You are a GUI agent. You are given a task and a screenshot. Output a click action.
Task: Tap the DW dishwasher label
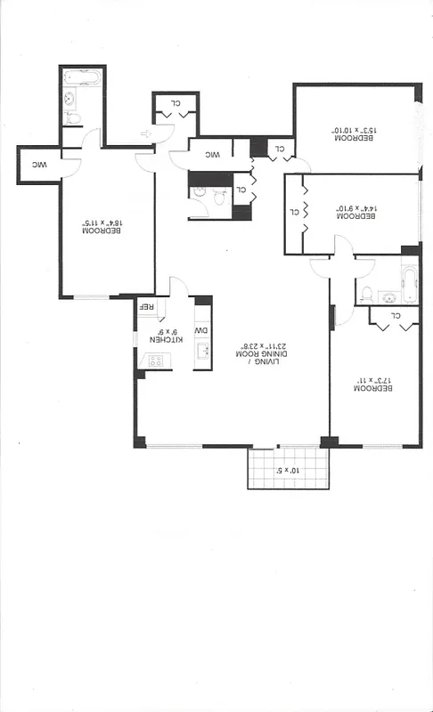pyautogui.click(x=201, y=331)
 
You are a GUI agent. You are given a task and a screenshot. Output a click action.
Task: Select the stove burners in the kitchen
pyautogui.click(x=154, y=360)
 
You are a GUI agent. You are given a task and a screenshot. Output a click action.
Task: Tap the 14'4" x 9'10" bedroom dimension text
pyautogui.click(x=356, y=213)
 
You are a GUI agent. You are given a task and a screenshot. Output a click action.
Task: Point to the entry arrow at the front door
pyautogui.click(x=146, y=134)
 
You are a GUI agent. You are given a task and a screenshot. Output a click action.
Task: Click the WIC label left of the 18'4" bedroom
pyautogui.click(x=39, y=165)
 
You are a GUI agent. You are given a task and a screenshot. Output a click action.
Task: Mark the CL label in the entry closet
pyautogui.click(x=176, y=103)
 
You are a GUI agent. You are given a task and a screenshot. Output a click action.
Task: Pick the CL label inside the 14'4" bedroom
pyautogui.click(x=295, y=213)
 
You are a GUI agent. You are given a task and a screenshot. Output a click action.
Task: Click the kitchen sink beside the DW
pyautogui.click(x=202, y=353)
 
